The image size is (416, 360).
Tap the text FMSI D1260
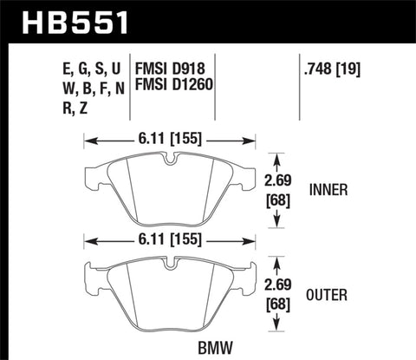click(x=178, y=84)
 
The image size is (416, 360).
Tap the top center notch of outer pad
click(x=172, y=261)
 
